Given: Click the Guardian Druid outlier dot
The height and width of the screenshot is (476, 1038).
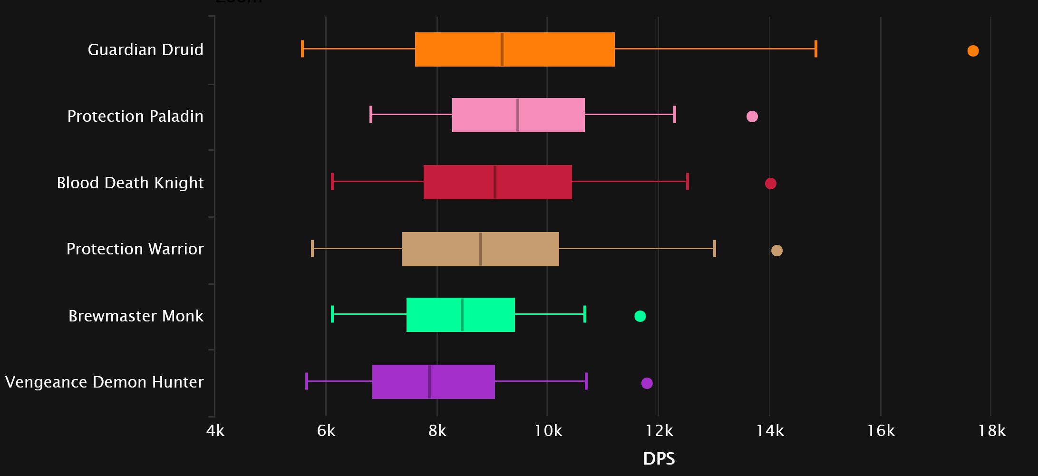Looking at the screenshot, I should [x=973, y=51].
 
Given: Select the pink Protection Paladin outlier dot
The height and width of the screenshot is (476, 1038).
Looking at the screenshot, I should [x=752, y=117].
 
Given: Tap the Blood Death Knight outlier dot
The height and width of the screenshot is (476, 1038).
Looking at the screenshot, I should [x=770, y=184].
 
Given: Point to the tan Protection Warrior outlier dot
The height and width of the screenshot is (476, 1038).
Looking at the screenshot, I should [x=776, y=251].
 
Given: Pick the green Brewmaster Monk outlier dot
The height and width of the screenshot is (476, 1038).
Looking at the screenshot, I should [x=640, y=316].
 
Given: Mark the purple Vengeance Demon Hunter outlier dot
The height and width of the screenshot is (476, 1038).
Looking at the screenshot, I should [x=647, y=383].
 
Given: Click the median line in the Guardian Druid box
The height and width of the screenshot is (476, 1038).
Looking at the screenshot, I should [x=502, y=49].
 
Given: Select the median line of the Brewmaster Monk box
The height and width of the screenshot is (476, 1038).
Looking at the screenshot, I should [x=462, y=315].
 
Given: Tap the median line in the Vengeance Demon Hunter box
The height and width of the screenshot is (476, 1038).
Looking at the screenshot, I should [x=429, y=382].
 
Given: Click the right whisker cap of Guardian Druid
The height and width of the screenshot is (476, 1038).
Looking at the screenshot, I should [x=815, y=49].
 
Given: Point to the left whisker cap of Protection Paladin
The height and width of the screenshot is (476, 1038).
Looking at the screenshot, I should [x=370, y=115].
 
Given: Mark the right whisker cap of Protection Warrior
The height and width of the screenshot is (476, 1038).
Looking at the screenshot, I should [x=714, y=249].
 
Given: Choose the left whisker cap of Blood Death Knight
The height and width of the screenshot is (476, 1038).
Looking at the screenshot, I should [x=332, y=182].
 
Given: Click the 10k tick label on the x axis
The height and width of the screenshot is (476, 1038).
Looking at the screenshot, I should [x=548, y=431].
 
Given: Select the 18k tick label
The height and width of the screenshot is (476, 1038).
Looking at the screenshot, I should [x=991, y=431].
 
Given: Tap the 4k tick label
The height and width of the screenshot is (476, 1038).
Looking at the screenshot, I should [x=215, y=431].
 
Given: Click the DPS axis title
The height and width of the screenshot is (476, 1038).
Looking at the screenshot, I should [x=659, y=459].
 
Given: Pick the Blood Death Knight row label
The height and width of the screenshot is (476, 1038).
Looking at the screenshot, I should [x=130, y=183].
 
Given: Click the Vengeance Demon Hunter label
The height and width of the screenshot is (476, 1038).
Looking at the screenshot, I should [x=104, y=382].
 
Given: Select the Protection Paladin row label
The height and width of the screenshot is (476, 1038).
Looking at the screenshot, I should [x=135, y=116].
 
